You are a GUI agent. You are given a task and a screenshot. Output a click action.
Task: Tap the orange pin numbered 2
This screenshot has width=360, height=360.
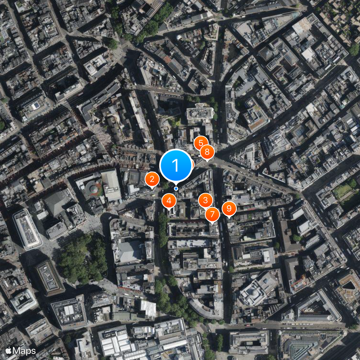coord(152,180)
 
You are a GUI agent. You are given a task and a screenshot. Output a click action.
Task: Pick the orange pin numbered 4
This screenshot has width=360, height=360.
coord(169,201)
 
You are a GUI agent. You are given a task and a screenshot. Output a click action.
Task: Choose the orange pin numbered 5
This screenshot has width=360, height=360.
coord(201,144)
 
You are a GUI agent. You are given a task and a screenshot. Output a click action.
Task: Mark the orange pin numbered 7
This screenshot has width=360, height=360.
coord(212,214)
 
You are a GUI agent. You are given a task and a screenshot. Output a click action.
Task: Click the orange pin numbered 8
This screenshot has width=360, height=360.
coord(207,153)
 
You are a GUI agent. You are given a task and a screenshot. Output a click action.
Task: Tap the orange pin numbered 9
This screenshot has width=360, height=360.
coord(229,208)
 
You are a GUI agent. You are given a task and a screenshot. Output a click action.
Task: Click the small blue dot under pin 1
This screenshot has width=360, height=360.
coord(175,189)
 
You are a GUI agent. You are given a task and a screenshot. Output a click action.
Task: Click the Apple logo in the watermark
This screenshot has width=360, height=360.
coord(8,350)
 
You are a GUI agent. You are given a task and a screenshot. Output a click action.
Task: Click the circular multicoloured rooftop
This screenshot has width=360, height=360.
coord(92,188)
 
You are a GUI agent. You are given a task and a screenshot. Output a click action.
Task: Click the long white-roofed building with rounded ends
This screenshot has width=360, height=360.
coord(27,229)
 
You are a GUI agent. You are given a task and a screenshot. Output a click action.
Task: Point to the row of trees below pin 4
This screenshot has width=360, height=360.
coord(162,229)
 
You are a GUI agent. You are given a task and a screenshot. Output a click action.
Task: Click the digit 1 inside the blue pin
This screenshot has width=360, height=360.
coord(175,165)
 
